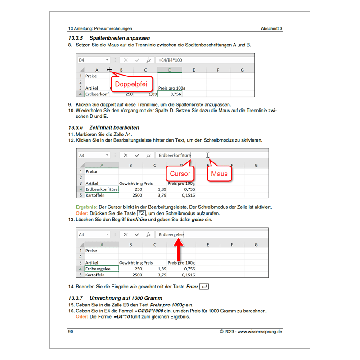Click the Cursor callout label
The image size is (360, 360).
(180, 173)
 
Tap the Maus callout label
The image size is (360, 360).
(220, 173)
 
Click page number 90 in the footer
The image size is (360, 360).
(71, 332)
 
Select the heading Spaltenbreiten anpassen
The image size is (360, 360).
(120, 38)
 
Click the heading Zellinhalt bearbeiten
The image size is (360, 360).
(114, 128)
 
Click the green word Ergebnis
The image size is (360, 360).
(86, 207)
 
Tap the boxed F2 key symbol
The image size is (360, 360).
(142, 213)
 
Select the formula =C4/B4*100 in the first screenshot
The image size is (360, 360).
(170, 60)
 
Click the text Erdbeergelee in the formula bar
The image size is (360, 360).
(171, 234)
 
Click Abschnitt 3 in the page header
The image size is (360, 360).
(272, 28)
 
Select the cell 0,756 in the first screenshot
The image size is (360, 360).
(171, 94)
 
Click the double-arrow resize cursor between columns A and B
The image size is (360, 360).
(109, 70)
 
